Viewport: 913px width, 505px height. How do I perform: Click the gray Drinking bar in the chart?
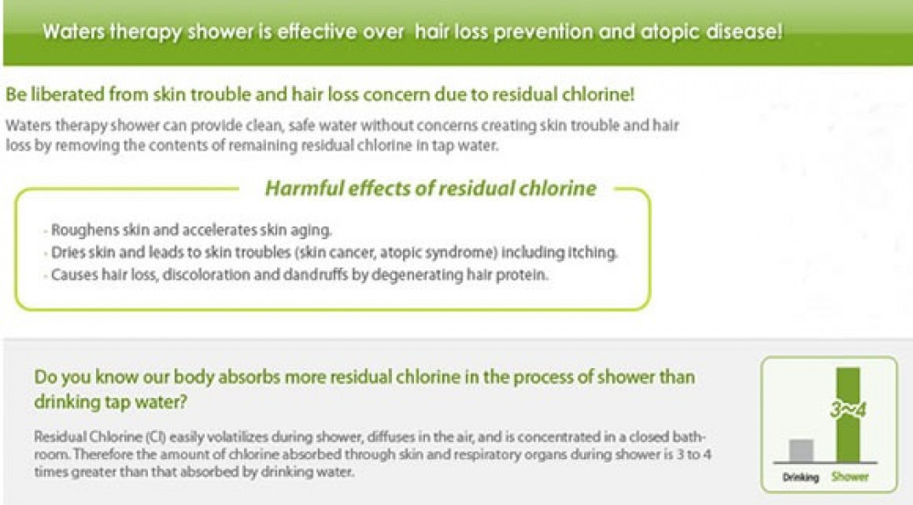802,450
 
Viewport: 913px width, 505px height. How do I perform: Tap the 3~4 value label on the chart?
848,410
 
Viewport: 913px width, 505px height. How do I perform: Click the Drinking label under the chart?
801,477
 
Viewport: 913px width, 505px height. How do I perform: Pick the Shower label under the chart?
850,477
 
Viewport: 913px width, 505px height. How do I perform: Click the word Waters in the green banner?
74,31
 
